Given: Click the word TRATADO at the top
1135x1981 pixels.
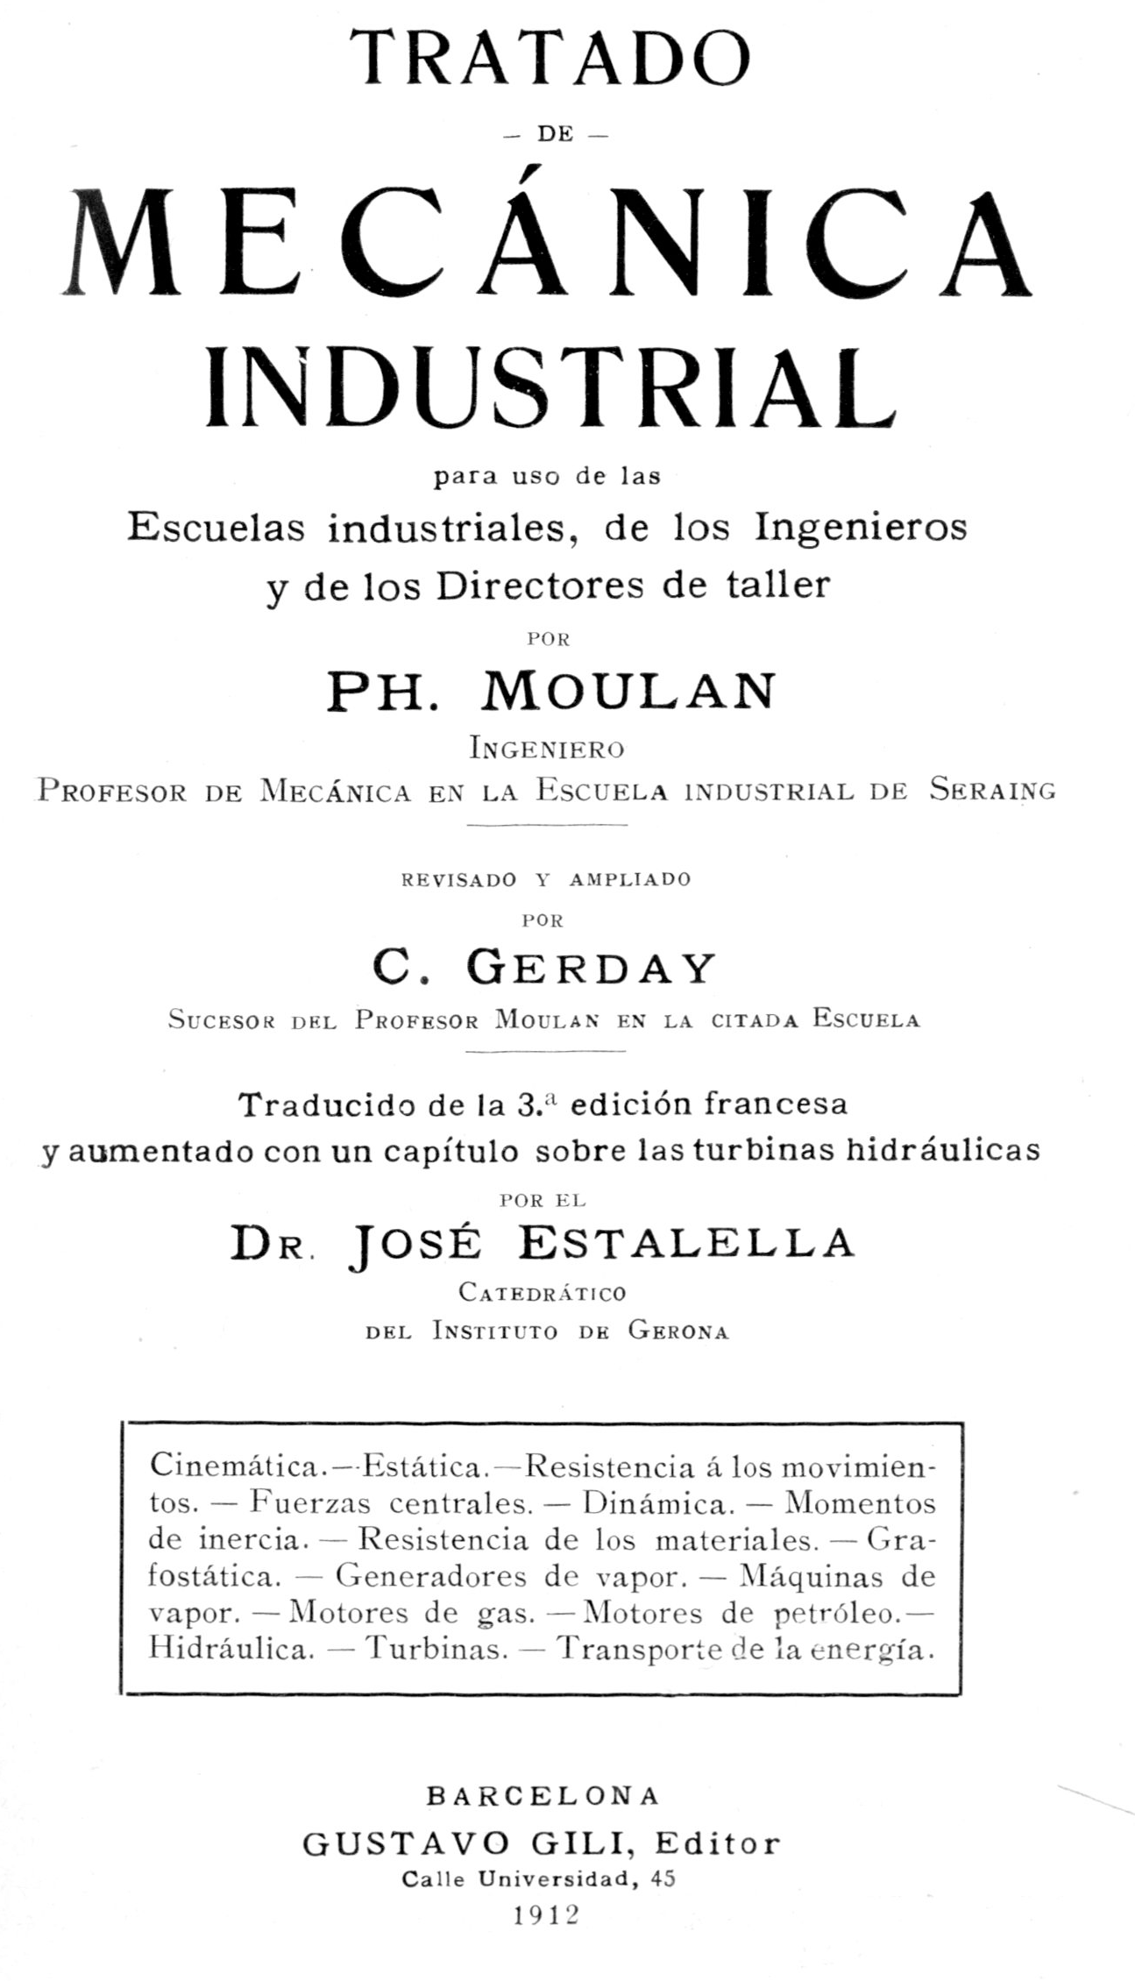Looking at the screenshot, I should [550, 59].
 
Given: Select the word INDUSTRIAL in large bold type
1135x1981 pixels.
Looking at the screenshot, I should [550, 387].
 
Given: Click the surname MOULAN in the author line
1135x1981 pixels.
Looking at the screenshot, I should [628, 692].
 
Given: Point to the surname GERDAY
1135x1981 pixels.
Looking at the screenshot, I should [592, 969].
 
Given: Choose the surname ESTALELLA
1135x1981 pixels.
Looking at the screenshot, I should [686, 1244].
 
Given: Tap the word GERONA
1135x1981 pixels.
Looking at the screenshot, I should [678, 1331].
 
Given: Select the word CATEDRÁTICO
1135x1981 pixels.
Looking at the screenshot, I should [543, 1292].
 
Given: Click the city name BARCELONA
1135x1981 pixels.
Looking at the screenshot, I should [543, 1795].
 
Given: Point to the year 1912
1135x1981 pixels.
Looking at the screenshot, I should [548, 1914].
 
